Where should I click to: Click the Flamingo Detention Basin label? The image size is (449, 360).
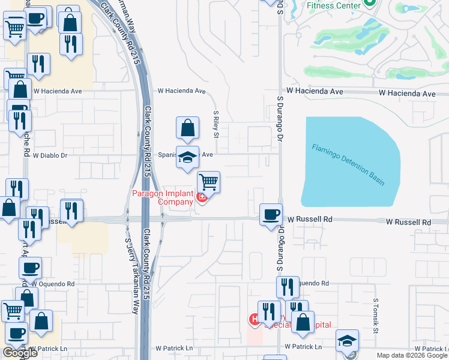click(x=348, y=164)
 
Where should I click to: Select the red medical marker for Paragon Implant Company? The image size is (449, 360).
click(x=202, y=197)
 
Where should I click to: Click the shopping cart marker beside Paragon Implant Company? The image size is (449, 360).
click(x=208, y=181)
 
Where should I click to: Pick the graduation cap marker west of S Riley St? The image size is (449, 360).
click(x=187, y=158)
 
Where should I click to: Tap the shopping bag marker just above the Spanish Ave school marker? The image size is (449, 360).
click(x=187, y=127)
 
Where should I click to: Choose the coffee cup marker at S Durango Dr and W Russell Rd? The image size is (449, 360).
click(x=271, y=214)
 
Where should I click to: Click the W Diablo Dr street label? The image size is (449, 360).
click(x=50, y=155)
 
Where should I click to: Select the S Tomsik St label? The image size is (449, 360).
click(x=376, y=315)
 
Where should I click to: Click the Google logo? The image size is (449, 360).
click(x=20, y=353)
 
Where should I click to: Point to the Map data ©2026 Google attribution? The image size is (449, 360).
click(x=412, y=355)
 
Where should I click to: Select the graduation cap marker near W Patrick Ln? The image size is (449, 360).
click(x=347, y=340)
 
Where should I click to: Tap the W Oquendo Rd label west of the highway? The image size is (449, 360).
click(x=53, y=283)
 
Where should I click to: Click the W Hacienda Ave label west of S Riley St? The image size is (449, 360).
click(x=181, y=91)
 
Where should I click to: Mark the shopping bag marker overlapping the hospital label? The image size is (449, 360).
click(x=303, y=322)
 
